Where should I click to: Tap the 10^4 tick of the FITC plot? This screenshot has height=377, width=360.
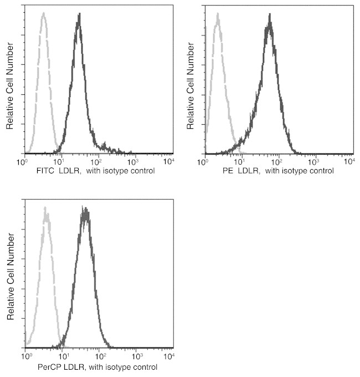point(167,161)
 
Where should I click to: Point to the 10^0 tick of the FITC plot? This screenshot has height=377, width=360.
point(23,161)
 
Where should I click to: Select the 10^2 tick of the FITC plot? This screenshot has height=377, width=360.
point(95,161)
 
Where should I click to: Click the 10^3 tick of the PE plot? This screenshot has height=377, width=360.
point(313,161)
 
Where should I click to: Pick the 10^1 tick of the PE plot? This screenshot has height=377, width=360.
point(241,161)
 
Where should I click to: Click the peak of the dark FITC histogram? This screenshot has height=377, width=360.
point(79,14)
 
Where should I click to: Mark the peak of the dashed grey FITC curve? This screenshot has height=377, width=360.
point(43,13)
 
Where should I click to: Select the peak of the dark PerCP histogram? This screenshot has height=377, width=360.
point(85,208)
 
